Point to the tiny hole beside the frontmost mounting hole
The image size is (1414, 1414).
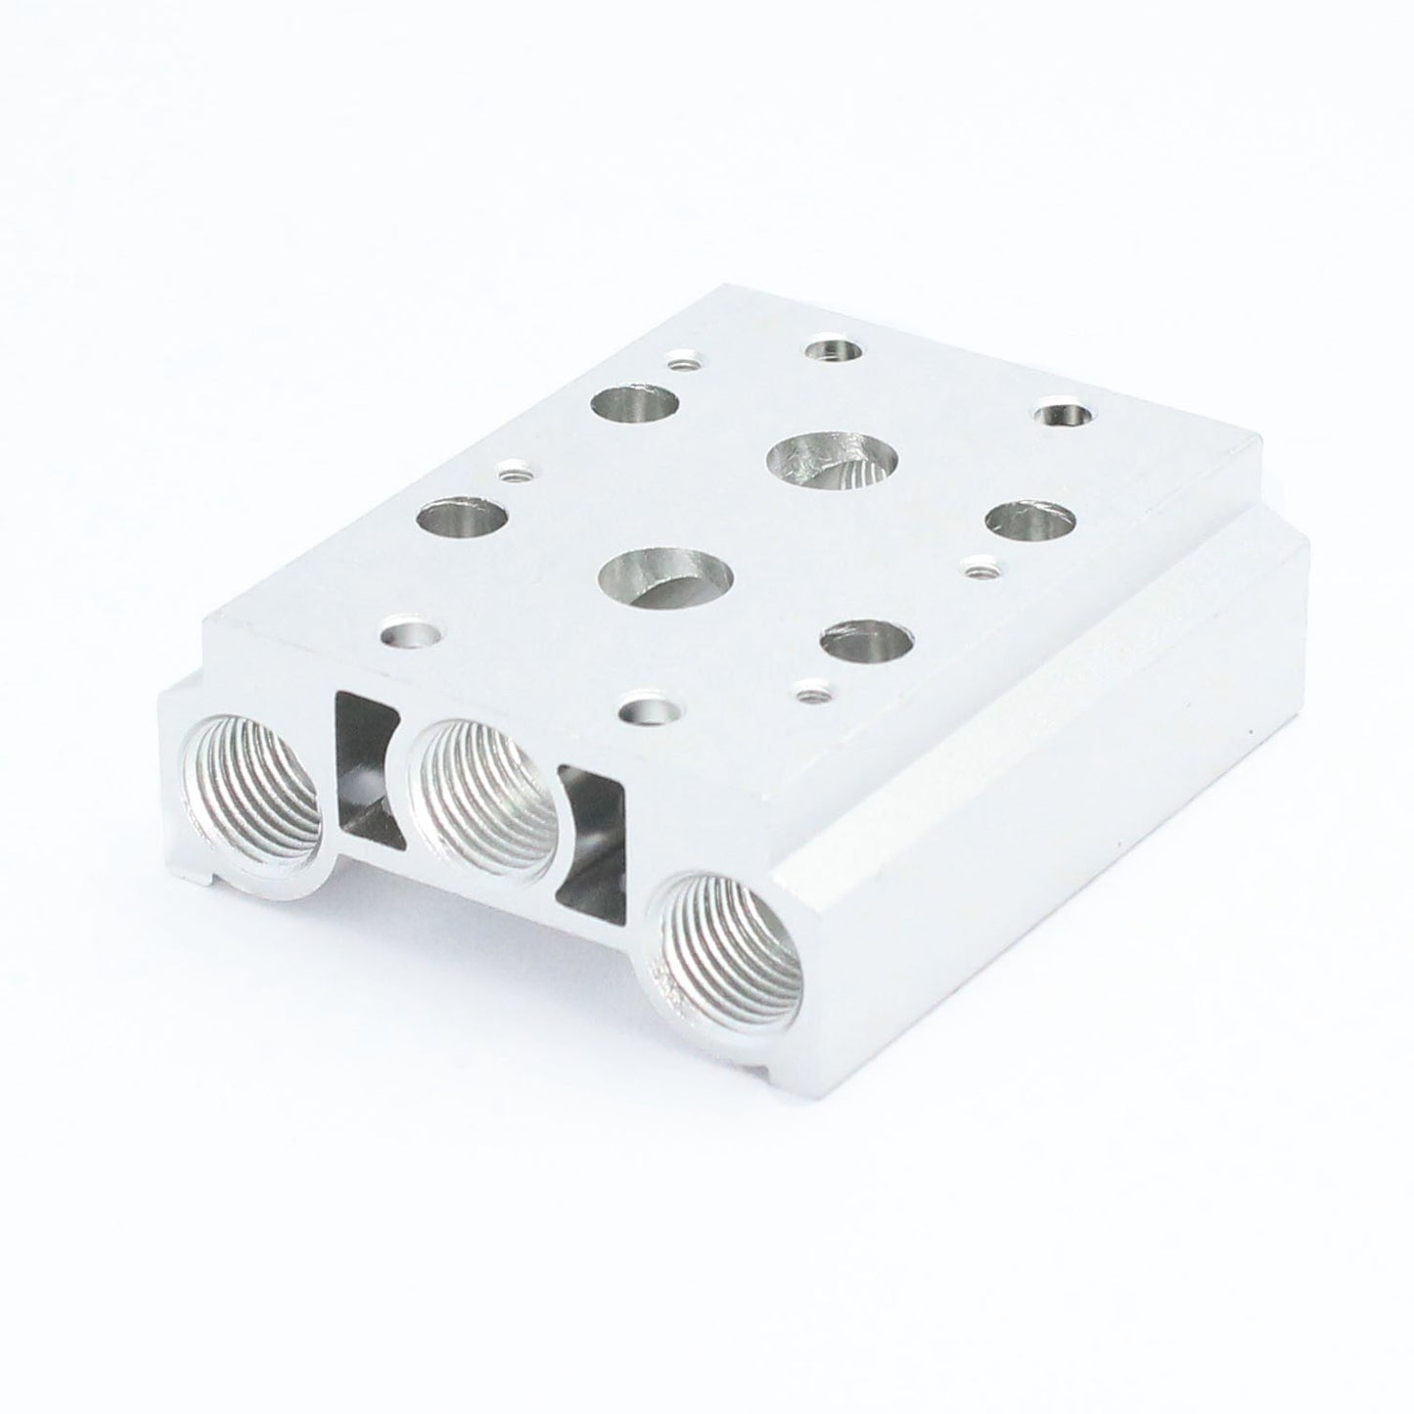click(x=808, y=694)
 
